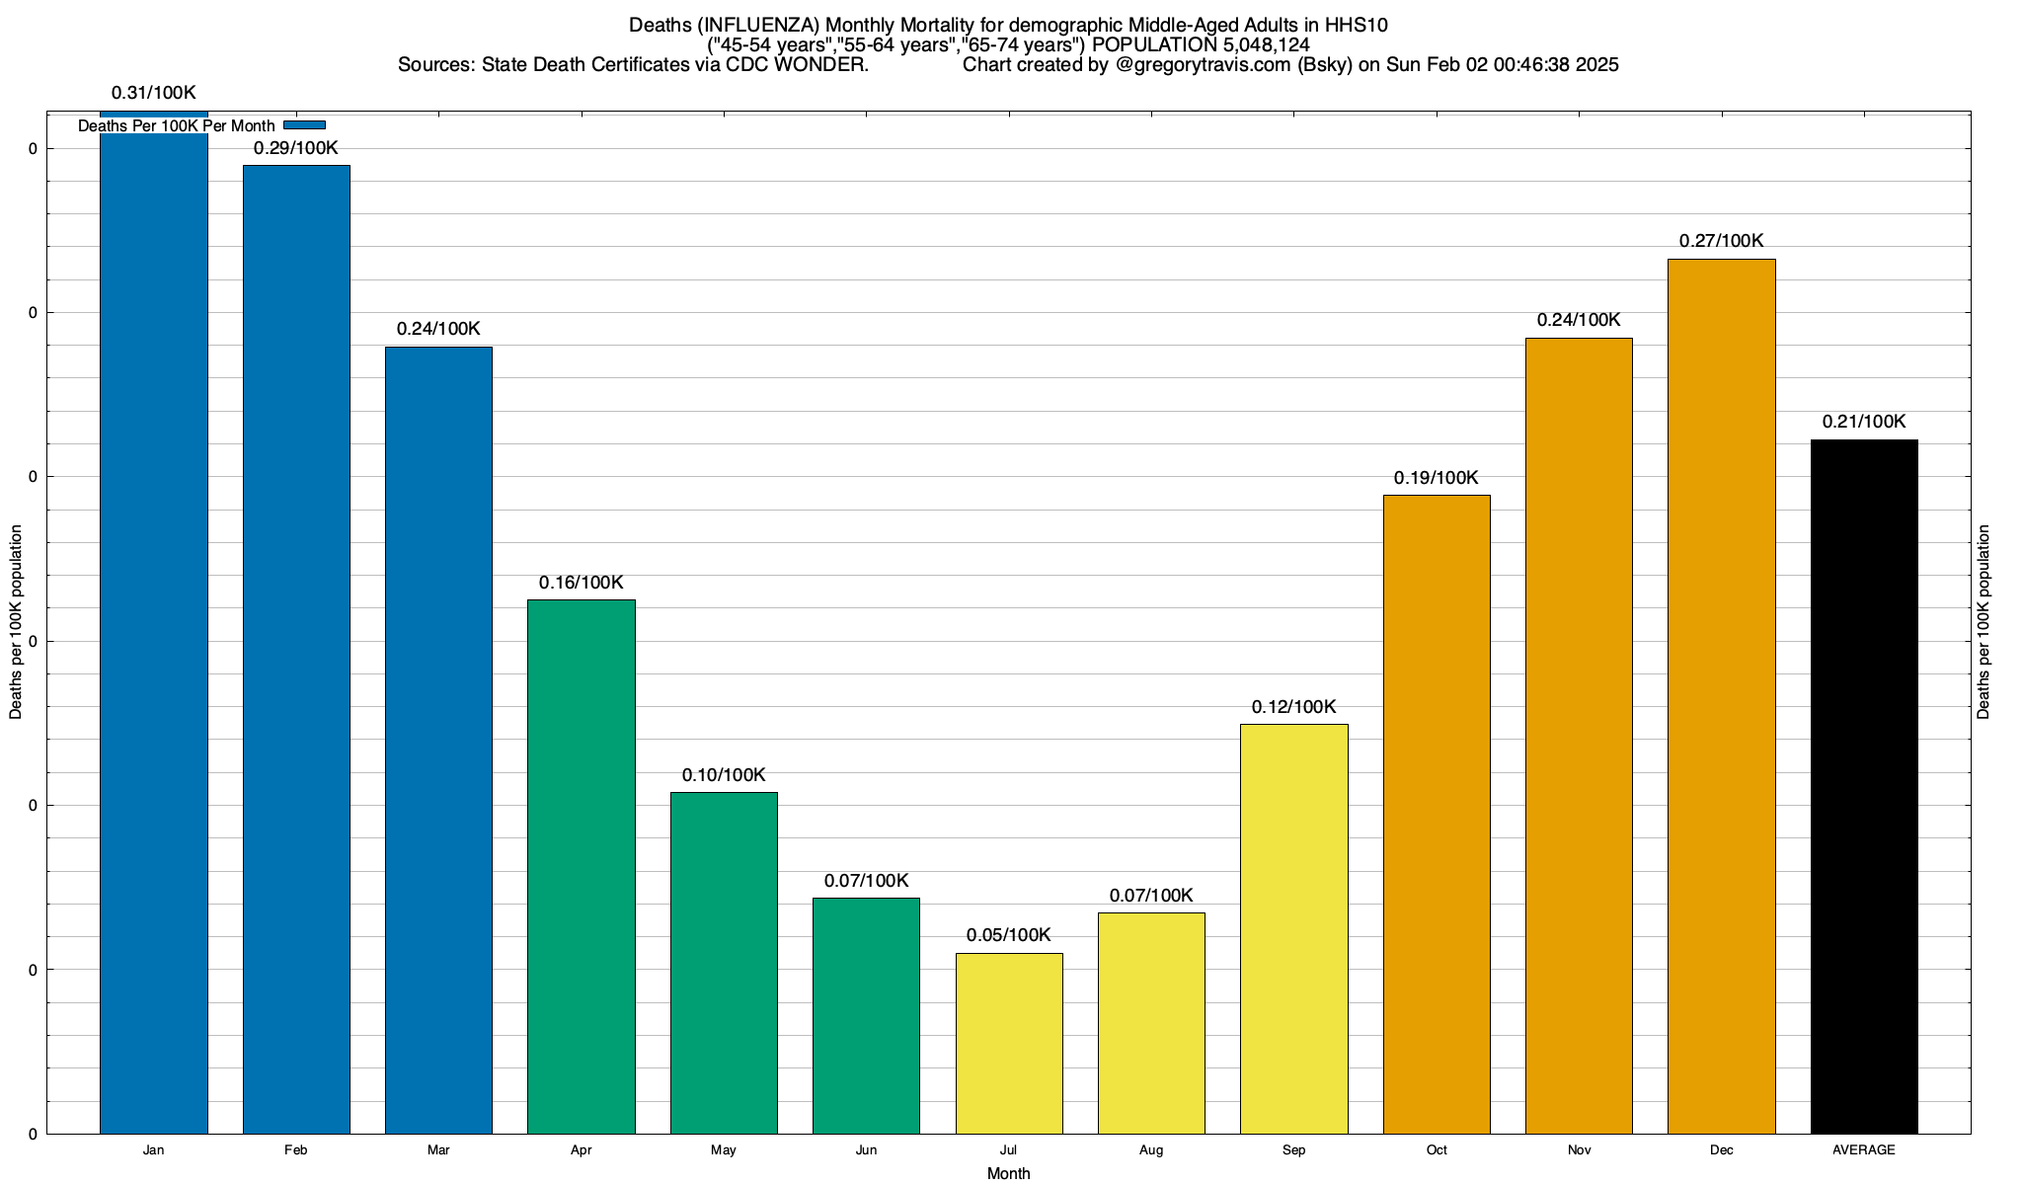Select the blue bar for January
pyautogui.click(x=154, y=632)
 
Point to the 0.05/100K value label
pyautogui.click(x=1008, y=935)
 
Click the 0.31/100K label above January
pyautogui.click(x=154, y=94)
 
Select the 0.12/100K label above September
pyautogui.click(x=1293, y=707)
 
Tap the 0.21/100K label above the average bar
pyautogui.click(x=1864, y=422)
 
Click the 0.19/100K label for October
pyautogui.click(x=1436, y=478)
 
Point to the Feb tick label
pyautogui.click(x=295, y=1150)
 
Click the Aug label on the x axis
pyautogui.click(x=1151, y=1150)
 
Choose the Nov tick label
pyautogui.click(x=1579, y=1150)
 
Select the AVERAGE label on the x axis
pyautogui.click(x=1864, y=1150)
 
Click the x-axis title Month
pyautogui.click(x=1008, y=1173)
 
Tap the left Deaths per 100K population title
pyautogui.click(x=16, y=622)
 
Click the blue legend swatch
pyautogui.click(x=304, y=125)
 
